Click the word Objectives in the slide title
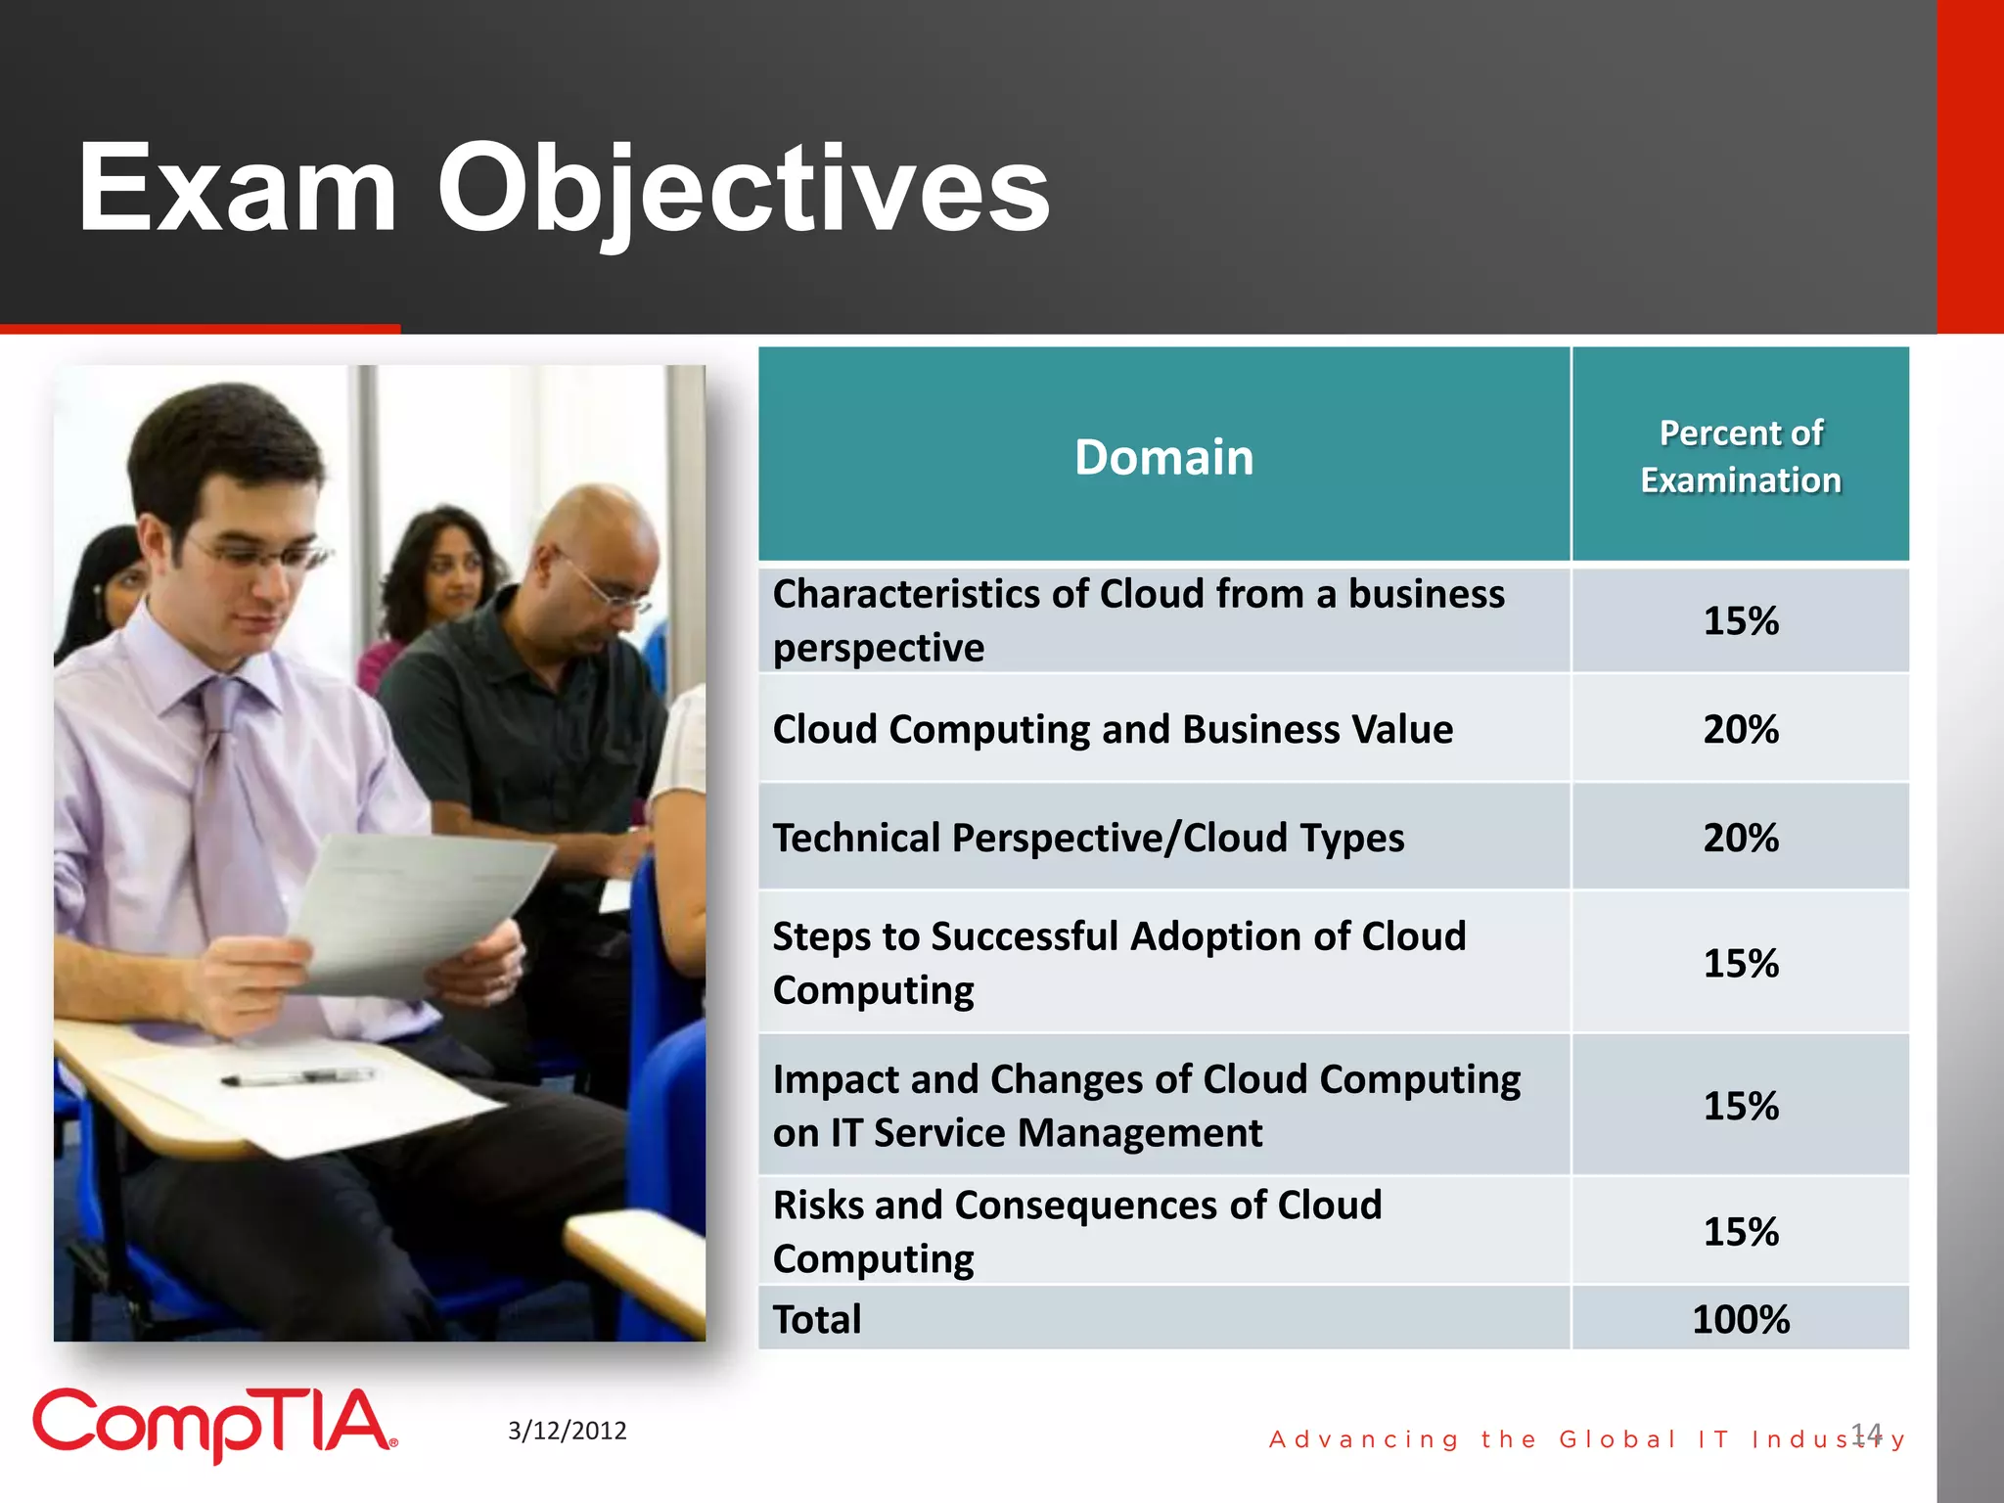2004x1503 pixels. point(744,188)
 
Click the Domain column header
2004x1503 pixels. point(1163,457)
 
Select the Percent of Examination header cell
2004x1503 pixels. point(1740,456)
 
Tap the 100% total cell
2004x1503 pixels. point(1740,1319)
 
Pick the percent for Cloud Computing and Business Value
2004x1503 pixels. point(1740,729)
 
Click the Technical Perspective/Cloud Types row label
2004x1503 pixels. point(1088,838)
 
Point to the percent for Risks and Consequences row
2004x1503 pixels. point(1740,1231)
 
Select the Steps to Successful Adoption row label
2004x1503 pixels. point(1118,963)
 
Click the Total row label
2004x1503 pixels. point(817,1319)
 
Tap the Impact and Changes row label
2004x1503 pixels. point(1145,1106)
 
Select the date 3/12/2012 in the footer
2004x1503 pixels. point(567,1431)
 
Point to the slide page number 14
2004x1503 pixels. point(1866,1434)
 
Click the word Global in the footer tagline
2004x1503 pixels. point(1617,1439)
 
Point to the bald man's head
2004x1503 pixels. point(597,548)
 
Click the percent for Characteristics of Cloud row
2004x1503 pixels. point(1740,620)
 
